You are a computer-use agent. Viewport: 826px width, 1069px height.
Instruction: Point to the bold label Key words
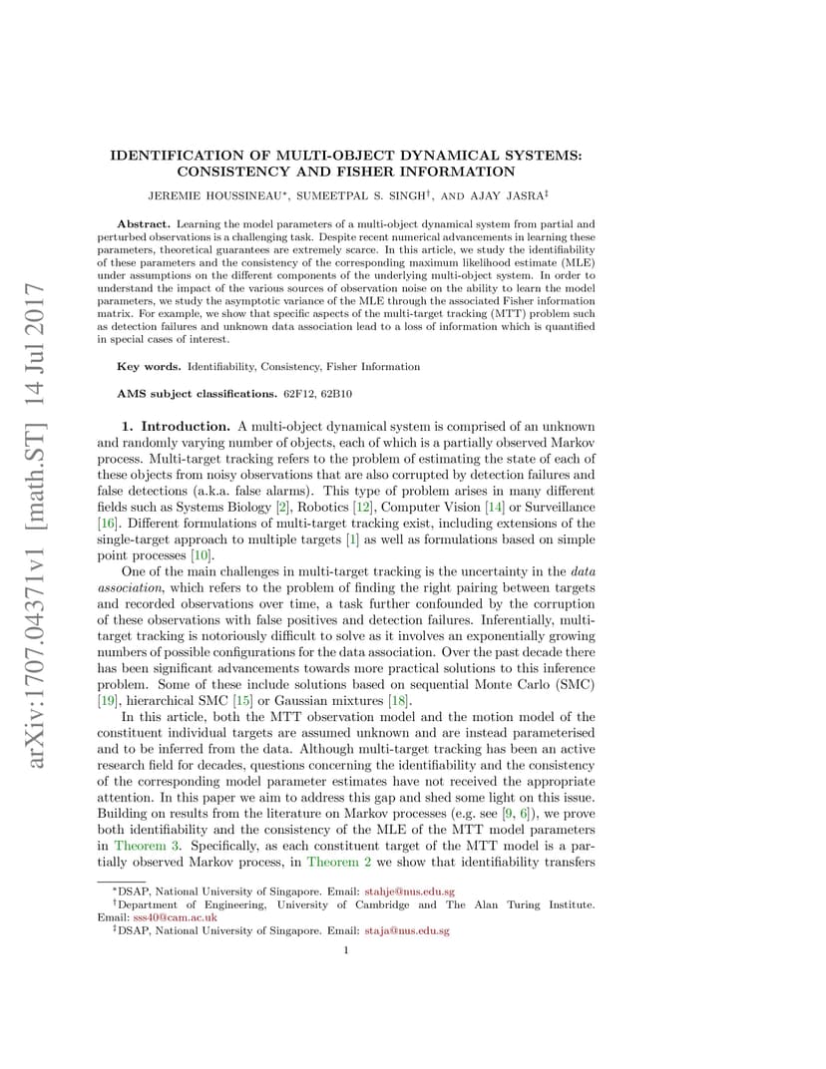[x=149, y=367]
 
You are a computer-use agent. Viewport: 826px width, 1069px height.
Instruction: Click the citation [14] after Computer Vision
[x=495, y=507]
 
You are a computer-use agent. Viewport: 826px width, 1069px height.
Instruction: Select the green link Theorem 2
[x=339, y=860]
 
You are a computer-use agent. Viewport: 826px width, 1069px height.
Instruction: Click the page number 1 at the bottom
[x=345, y=949]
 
